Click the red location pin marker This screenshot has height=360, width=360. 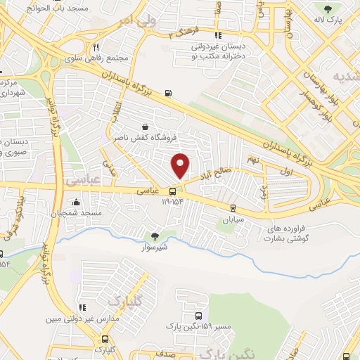[181, 165]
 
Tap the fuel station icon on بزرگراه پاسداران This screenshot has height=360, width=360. [167, 93]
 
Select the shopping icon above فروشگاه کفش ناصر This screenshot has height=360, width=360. [145, 127]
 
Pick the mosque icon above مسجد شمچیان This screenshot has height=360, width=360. [76, 202]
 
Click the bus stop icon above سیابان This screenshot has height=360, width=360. [232, 208]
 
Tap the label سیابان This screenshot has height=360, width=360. [232, 219]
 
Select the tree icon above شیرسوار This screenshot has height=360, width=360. [155, 236]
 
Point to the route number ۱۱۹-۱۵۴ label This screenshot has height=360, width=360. [172, 201]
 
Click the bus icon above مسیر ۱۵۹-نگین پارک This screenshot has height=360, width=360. [198, 316]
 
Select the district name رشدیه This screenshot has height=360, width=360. [346, 75]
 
